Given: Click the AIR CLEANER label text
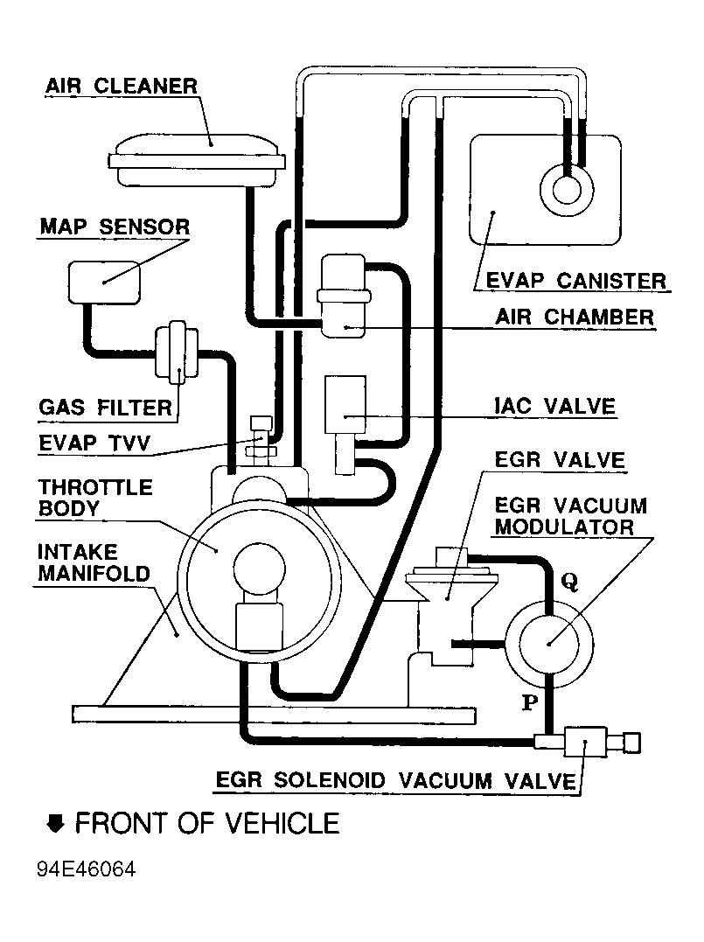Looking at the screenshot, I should (x=122, y=86).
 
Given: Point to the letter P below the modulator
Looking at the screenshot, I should (x=528, y=702).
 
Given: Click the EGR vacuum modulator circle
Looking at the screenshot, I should (x=548, y=642).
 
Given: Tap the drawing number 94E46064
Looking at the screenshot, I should (x=87, y=871).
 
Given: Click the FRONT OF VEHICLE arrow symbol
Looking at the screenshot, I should (x=56, y=823).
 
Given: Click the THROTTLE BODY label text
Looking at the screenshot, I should (x=94, y=497).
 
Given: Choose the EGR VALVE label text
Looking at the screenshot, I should (x=559, y=460).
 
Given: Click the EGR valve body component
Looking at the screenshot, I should (x=446, y=612).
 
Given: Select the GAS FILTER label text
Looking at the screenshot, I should (x=106, y=408).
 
